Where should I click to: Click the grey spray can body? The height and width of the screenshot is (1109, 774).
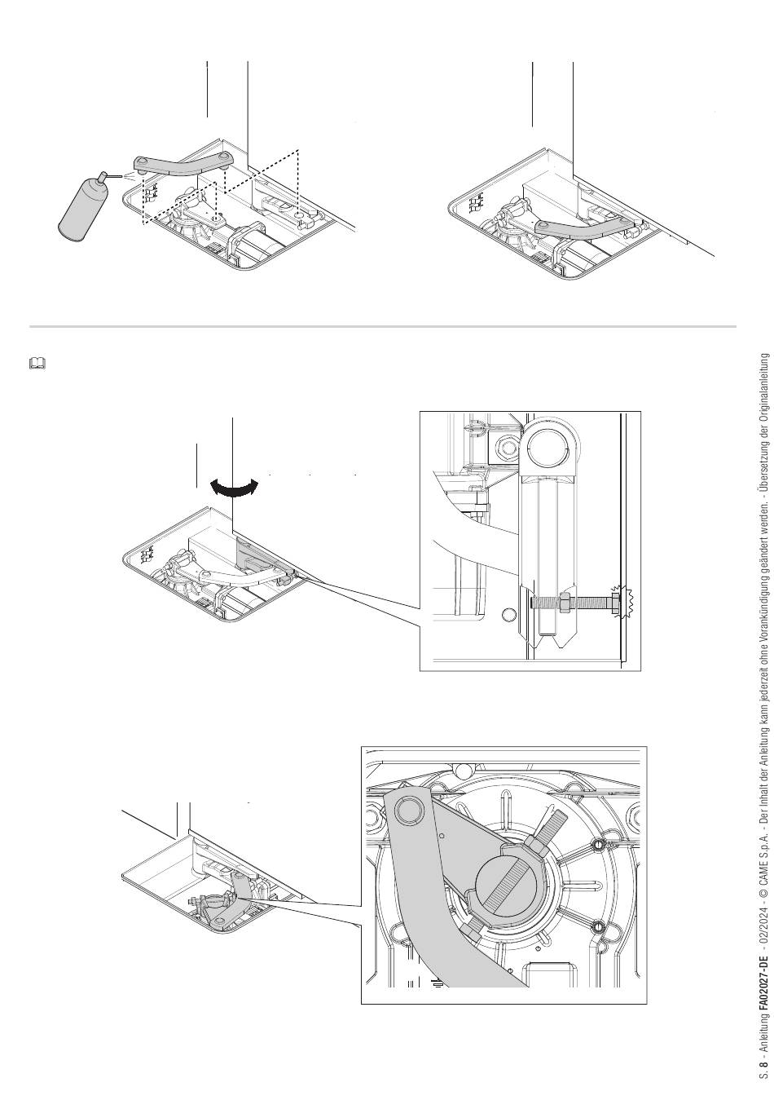[x=82, y=209]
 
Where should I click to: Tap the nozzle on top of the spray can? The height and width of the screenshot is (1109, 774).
[x=103, y=175]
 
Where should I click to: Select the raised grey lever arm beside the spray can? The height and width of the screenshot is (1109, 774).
[x=183, y=166]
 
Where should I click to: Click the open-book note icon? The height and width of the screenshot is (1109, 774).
[x=37, y=364]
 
